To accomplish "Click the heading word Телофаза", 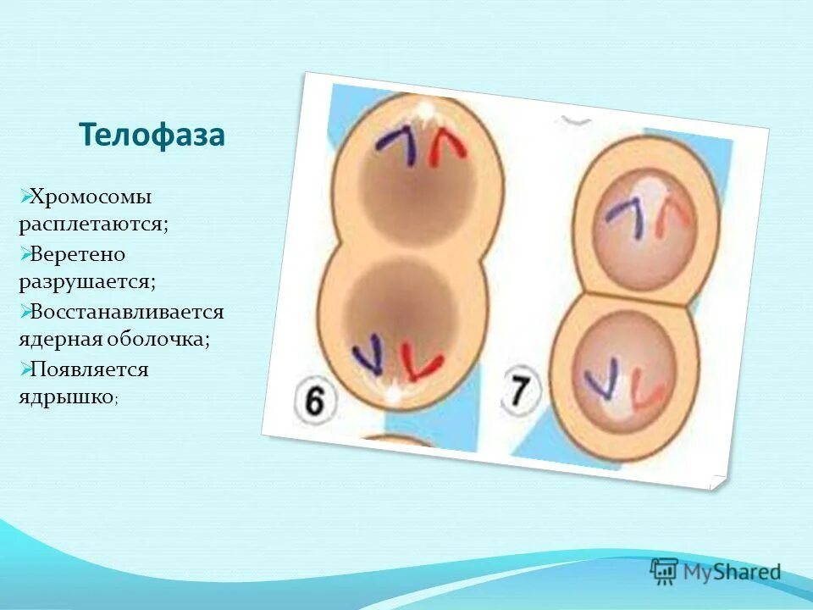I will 152,135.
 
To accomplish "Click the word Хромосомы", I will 91,197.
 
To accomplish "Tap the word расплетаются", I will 94,225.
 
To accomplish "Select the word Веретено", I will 78,254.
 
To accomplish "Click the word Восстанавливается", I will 127,312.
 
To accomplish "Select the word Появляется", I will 89,369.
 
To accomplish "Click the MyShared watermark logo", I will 716,571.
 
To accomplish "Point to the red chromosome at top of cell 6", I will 447,148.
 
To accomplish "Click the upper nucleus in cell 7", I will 646,216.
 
